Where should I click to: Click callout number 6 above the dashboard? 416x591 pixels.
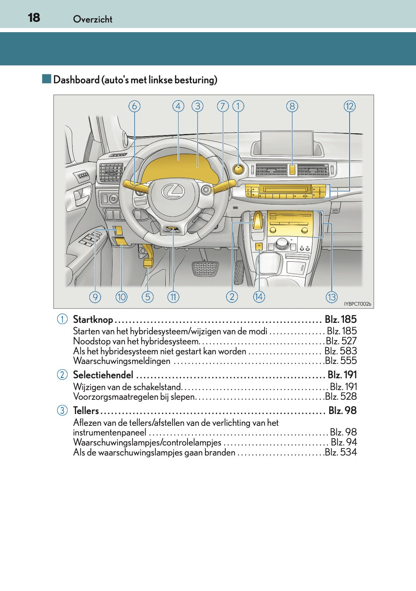(x=134, y=106)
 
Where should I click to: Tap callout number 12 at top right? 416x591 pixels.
(x=350, y=106)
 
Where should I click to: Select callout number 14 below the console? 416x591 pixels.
(x=259, y=297)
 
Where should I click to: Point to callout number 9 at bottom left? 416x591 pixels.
(x=95, y=297)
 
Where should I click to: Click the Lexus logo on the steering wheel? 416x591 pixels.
(x=173, y=192)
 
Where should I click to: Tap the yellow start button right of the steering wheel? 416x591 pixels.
(x=238, y=169)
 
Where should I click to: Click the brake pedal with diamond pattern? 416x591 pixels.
(x=205, y=269)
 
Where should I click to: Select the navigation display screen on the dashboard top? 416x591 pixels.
(x=287, y=143)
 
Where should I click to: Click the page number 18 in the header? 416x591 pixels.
(x=34, y=18)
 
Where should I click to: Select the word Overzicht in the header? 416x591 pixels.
(x=92, y=19)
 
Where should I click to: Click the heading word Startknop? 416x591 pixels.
(x=93, y=319)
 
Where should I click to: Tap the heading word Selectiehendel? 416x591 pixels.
(x=103, y=375)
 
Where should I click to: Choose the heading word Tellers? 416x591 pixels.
(x=86, y=410)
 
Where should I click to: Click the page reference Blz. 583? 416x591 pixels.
(x=340, y=351)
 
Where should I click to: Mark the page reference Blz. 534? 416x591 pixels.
(x=340, y=452)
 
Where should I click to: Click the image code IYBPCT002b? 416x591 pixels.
(x=357, y=304)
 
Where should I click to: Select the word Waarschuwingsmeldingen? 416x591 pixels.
(x=121, y=361)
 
